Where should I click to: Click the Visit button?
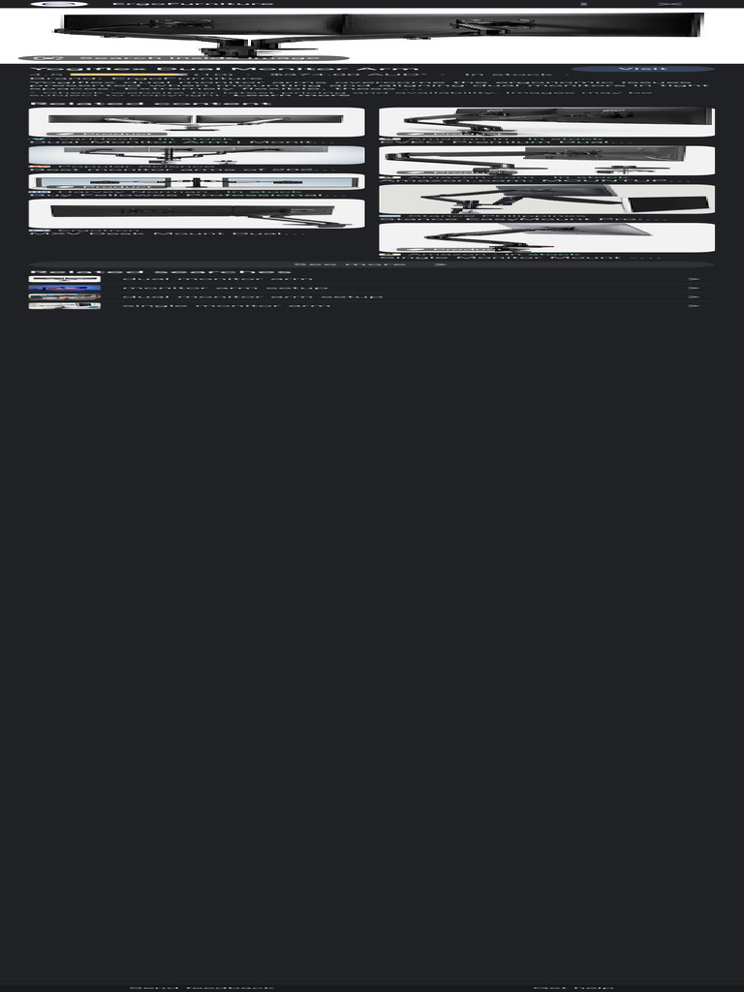(642, 69)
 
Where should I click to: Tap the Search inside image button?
(183, 58)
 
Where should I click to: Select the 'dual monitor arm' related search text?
(217, 279)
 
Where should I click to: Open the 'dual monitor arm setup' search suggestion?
(252, 296)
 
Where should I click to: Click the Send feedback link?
(201, 987)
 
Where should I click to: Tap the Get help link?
(573, 987)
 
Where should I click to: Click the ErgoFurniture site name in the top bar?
(193, 4)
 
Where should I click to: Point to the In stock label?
(508, 75)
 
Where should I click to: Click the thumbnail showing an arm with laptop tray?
(546, 199)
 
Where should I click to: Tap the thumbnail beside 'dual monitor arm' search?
(64, 279)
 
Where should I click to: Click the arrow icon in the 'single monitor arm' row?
(694, 305)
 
